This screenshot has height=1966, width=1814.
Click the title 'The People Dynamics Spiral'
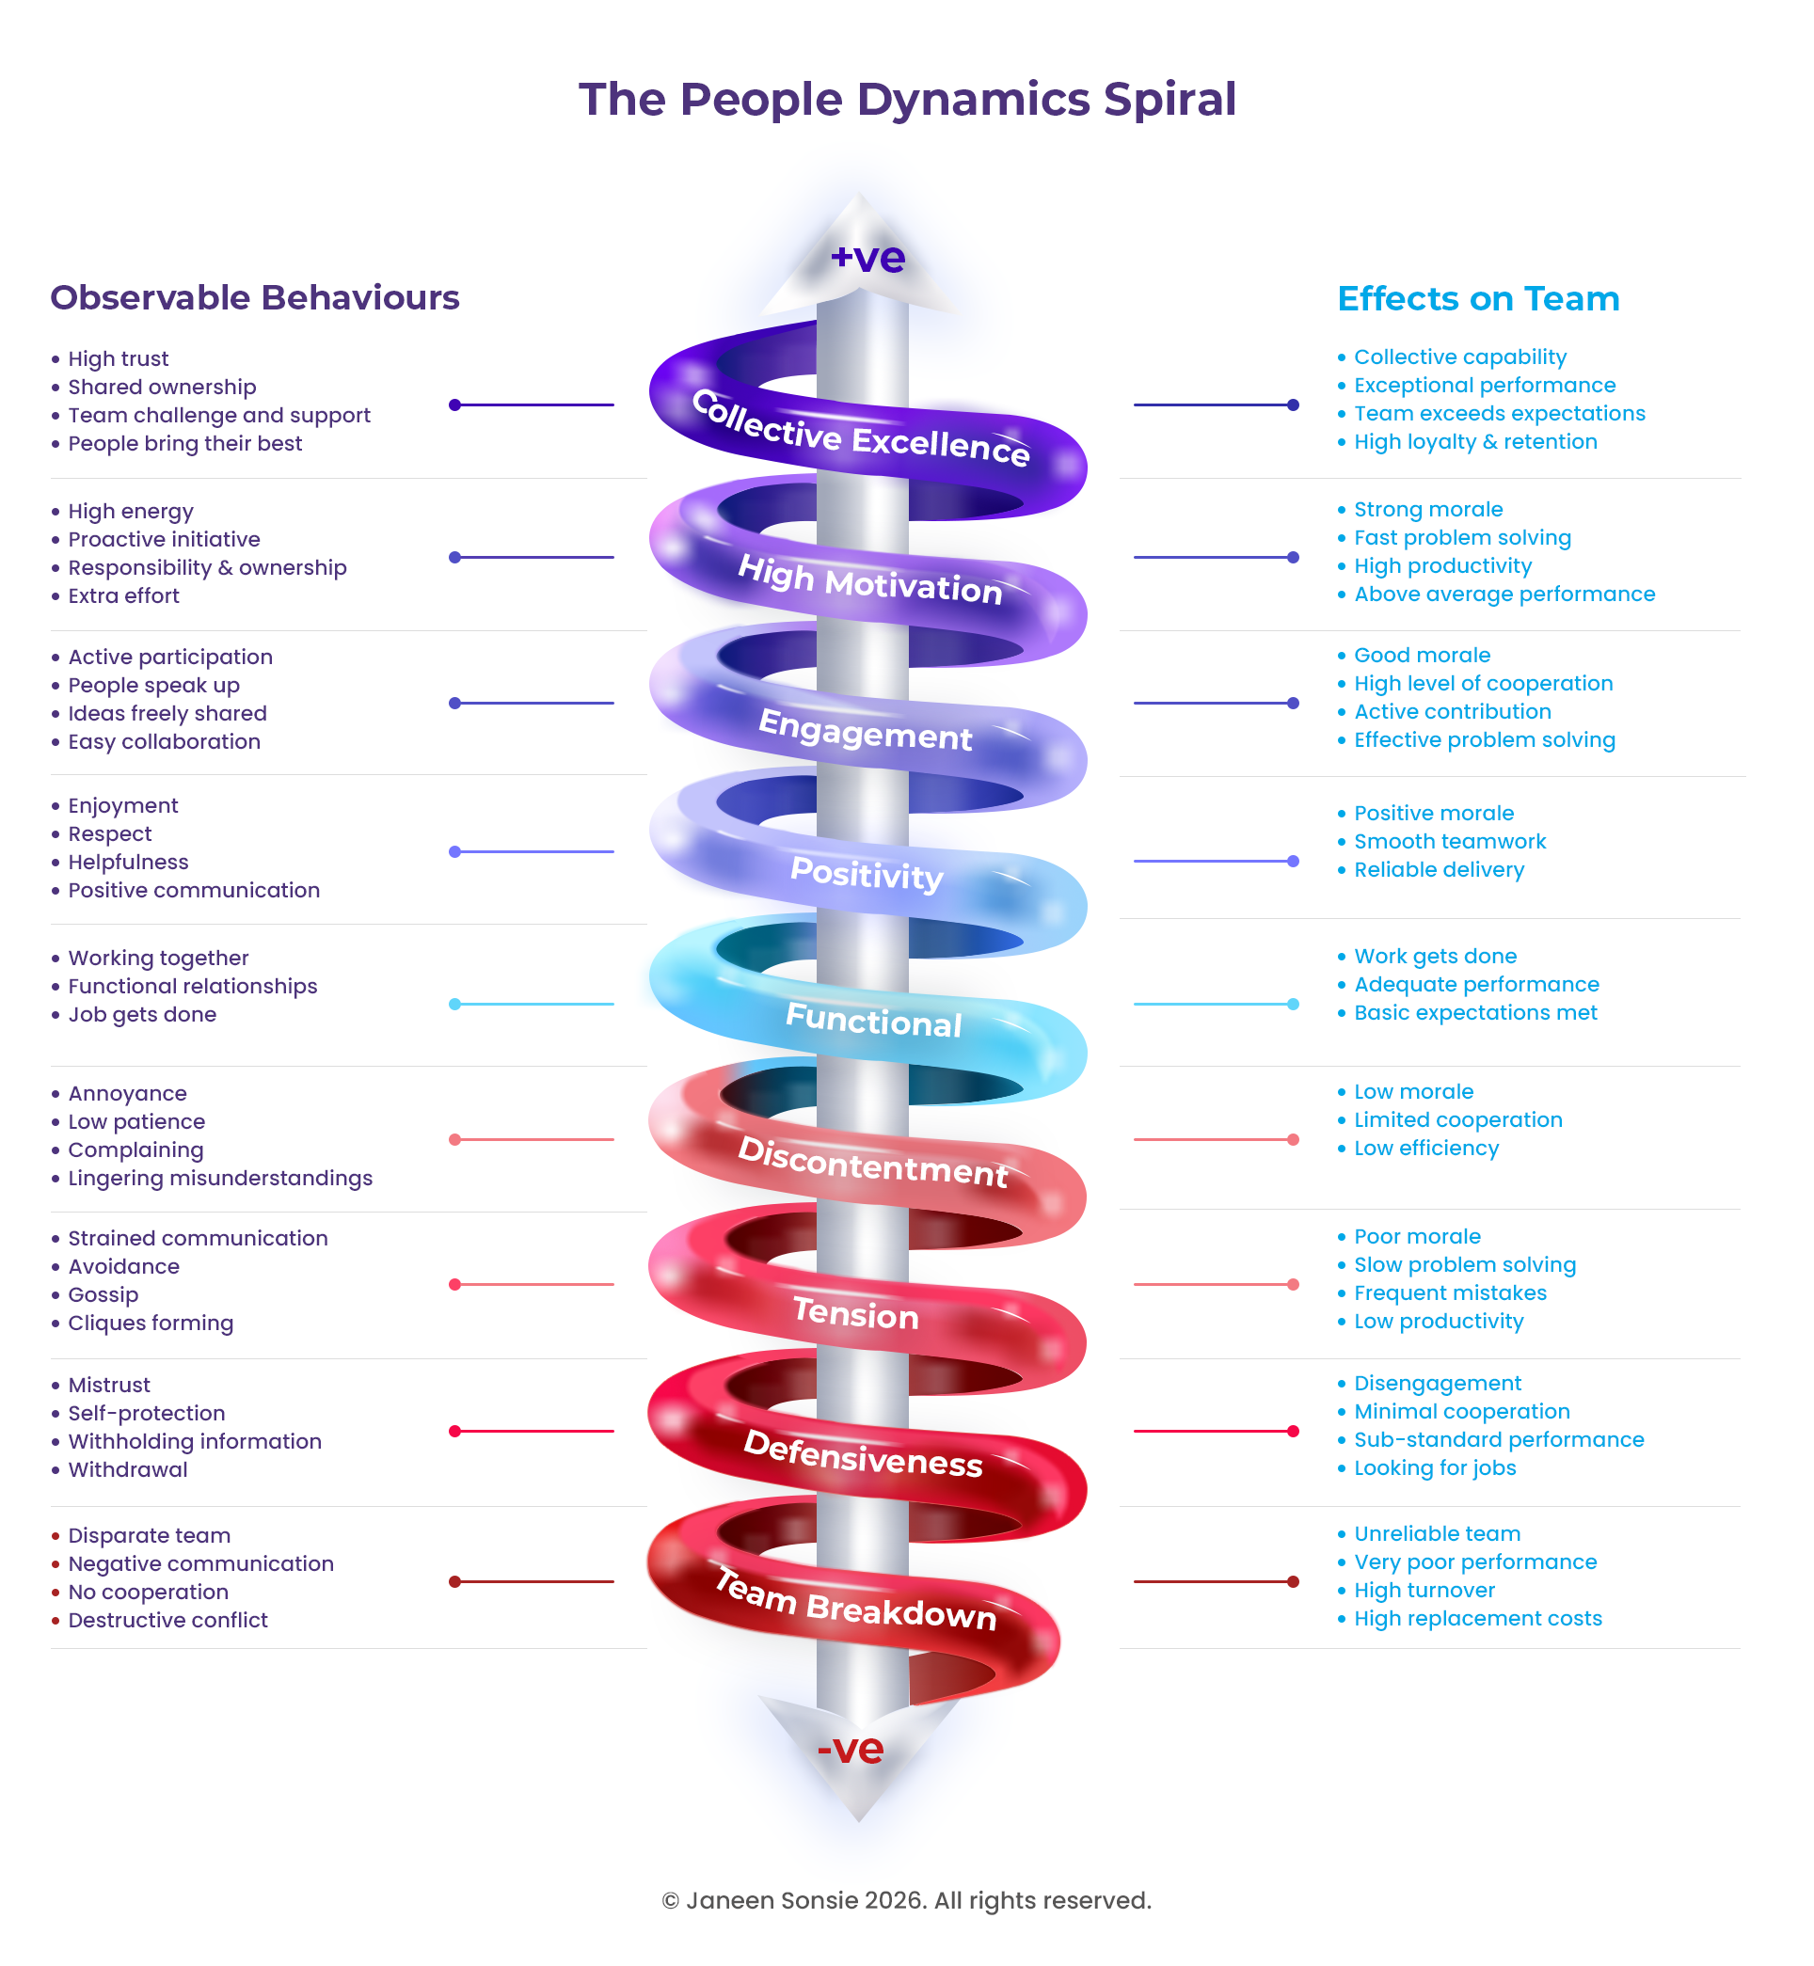(907, 100)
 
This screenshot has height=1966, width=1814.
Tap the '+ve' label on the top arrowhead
(867, 257)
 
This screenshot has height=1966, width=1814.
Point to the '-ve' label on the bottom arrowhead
(850, 1748)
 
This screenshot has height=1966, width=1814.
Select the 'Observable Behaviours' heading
(255, 297)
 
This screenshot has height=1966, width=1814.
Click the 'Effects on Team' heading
(1478, 298)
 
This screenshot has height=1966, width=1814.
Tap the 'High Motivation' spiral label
(870, 580)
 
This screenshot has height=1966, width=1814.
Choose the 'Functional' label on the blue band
(874, 1020)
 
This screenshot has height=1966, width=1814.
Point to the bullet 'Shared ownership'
(162, 387)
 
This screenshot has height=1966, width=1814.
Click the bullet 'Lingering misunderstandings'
(220, 1178)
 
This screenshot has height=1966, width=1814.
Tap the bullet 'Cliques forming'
(151, 1324)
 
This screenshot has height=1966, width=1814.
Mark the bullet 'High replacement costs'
(1477, 1619)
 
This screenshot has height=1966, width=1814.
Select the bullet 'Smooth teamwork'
(1450, 841)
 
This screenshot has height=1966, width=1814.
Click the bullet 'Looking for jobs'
(1434, 1468)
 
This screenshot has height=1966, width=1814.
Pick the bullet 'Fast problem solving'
(1463, 538)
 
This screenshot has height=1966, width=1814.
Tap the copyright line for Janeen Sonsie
(906, 1900)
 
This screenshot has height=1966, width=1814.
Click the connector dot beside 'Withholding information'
(454, 1431)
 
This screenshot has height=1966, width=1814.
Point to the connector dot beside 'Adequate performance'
(1293, 1004)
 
